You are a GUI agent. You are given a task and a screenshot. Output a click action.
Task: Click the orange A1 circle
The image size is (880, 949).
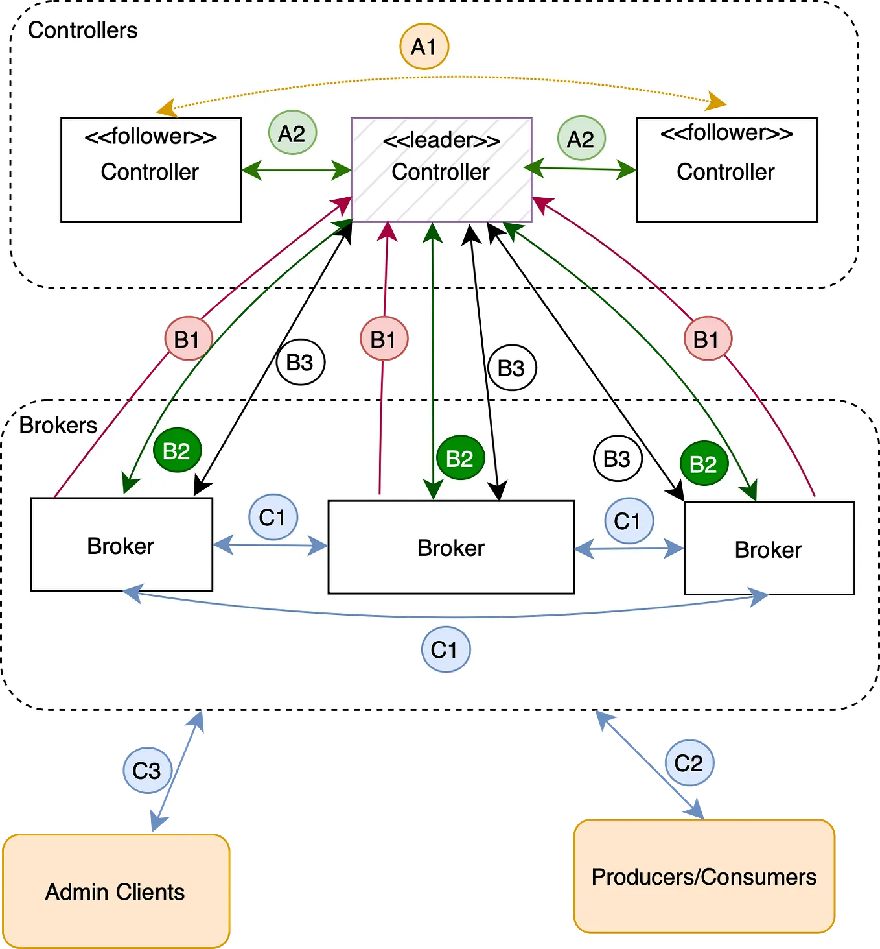tap(424, 47)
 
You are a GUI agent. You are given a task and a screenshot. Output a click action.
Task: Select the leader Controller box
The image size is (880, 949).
tap(441, 170)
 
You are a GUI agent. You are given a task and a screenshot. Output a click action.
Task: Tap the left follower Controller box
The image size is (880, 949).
tap(150, 170)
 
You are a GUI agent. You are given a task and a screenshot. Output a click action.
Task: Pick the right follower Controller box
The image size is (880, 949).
tap(726, 170)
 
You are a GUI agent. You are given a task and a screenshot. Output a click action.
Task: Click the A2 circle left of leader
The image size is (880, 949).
tap(292, 133)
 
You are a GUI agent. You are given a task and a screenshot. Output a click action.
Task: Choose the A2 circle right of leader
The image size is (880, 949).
tap(581, 138)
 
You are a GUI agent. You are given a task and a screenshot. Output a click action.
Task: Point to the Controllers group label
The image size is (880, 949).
tap(82, 30)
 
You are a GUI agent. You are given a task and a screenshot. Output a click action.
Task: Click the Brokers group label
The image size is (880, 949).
tap(58, 426)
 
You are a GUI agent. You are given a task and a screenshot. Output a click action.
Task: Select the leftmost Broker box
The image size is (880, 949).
tap(121, 545)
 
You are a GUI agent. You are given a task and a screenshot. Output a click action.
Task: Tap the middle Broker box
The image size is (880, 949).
tap(451, 547)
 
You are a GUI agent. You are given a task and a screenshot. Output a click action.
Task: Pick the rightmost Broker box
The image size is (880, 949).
tap(769, 549)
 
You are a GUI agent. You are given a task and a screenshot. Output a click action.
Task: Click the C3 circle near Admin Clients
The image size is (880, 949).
tap(147, 771)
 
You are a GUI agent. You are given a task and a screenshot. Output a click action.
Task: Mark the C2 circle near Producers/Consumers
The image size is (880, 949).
tap(688, 763)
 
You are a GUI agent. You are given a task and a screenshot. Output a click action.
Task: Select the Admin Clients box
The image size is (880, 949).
tap(116, 891)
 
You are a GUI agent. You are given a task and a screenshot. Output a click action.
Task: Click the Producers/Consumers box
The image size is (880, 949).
tap(704, 877)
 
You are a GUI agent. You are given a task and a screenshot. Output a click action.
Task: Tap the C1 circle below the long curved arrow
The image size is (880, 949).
tap(445, 649)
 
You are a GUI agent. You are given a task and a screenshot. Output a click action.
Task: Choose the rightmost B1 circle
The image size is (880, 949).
tap(707, 339)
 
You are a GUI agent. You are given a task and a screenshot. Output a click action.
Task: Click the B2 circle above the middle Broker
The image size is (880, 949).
tap(460, 458)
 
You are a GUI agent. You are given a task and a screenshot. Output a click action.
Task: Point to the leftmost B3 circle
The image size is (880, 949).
tap(300, 362)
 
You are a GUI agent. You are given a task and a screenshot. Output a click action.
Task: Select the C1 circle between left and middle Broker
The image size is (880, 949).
tap(273, 518)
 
